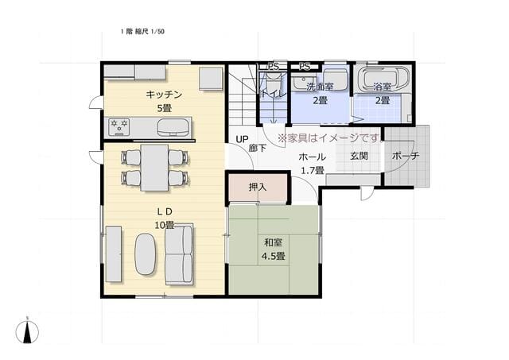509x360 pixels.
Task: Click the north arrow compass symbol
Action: point(27,331)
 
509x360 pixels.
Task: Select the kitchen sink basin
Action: point(173,127)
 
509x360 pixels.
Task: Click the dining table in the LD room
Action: point(154,168)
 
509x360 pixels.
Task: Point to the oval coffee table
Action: point(146,254)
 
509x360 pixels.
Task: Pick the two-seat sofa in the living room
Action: point(179,254)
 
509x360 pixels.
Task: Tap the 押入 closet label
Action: point(258,187)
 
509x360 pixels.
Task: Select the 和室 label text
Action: point(273,242)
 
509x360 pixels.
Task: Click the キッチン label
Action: point(164,95)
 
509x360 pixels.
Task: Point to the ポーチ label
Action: point(406,156)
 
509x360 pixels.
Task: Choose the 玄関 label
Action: point(359,156)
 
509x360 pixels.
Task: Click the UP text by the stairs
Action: point(242,139)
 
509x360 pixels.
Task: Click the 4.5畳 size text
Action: point(274,256)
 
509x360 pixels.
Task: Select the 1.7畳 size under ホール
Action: point(313,170)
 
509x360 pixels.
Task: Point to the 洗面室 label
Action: point(320,87)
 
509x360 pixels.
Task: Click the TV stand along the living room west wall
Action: point(113,254)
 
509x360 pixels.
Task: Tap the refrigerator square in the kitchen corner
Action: point(211,79)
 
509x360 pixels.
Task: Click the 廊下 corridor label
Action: point(258,149)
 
